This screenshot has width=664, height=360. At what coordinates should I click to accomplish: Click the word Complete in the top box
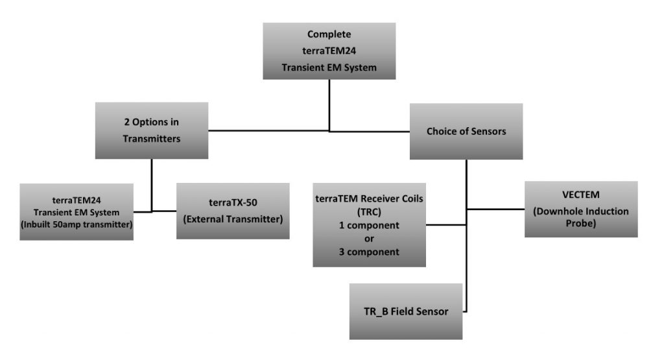coord(329,34)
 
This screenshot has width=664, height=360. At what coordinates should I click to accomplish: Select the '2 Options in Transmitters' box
coord(152,130)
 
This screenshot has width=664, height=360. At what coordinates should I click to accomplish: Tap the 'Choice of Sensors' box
coord(466,131)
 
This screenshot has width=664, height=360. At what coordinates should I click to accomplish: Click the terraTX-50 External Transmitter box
coord(233,211)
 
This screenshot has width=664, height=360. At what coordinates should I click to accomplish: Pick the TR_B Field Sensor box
coord(406,311)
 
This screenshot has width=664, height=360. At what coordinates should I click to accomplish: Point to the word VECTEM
coord(581,195)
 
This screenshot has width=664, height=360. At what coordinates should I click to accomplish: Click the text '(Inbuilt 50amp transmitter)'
coord(77,224)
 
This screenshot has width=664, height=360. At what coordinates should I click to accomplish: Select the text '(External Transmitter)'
coord(233,219)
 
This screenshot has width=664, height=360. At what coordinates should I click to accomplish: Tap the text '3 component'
coord(369,252)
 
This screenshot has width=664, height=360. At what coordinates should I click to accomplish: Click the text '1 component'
coord(369,225)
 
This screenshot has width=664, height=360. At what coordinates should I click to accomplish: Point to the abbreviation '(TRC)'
coord(369,211)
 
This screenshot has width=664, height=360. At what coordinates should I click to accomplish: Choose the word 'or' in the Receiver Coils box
coord(369,239)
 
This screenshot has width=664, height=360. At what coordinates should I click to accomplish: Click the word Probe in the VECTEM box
coord(581,223)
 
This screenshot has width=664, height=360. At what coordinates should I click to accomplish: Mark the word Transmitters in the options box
coord(152,139)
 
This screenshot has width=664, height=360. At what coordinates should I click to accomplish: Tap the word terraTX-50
coord(233,202)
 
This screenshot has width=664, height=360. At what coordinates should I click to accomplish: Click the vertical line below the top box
coord(329,105)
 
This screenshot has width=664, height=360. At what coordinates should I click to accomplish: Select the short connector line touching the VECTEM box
coord(495,210)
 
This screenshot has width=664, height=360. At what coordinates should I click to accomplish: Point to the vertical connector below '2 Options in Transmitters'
coord(152,185)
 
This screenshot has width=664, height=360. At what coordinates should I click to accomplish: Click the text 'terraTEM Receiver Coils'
coord(369,198)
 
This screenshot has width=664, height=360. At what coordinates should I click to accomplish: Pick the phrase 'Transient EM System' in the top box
coord(329,67)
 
